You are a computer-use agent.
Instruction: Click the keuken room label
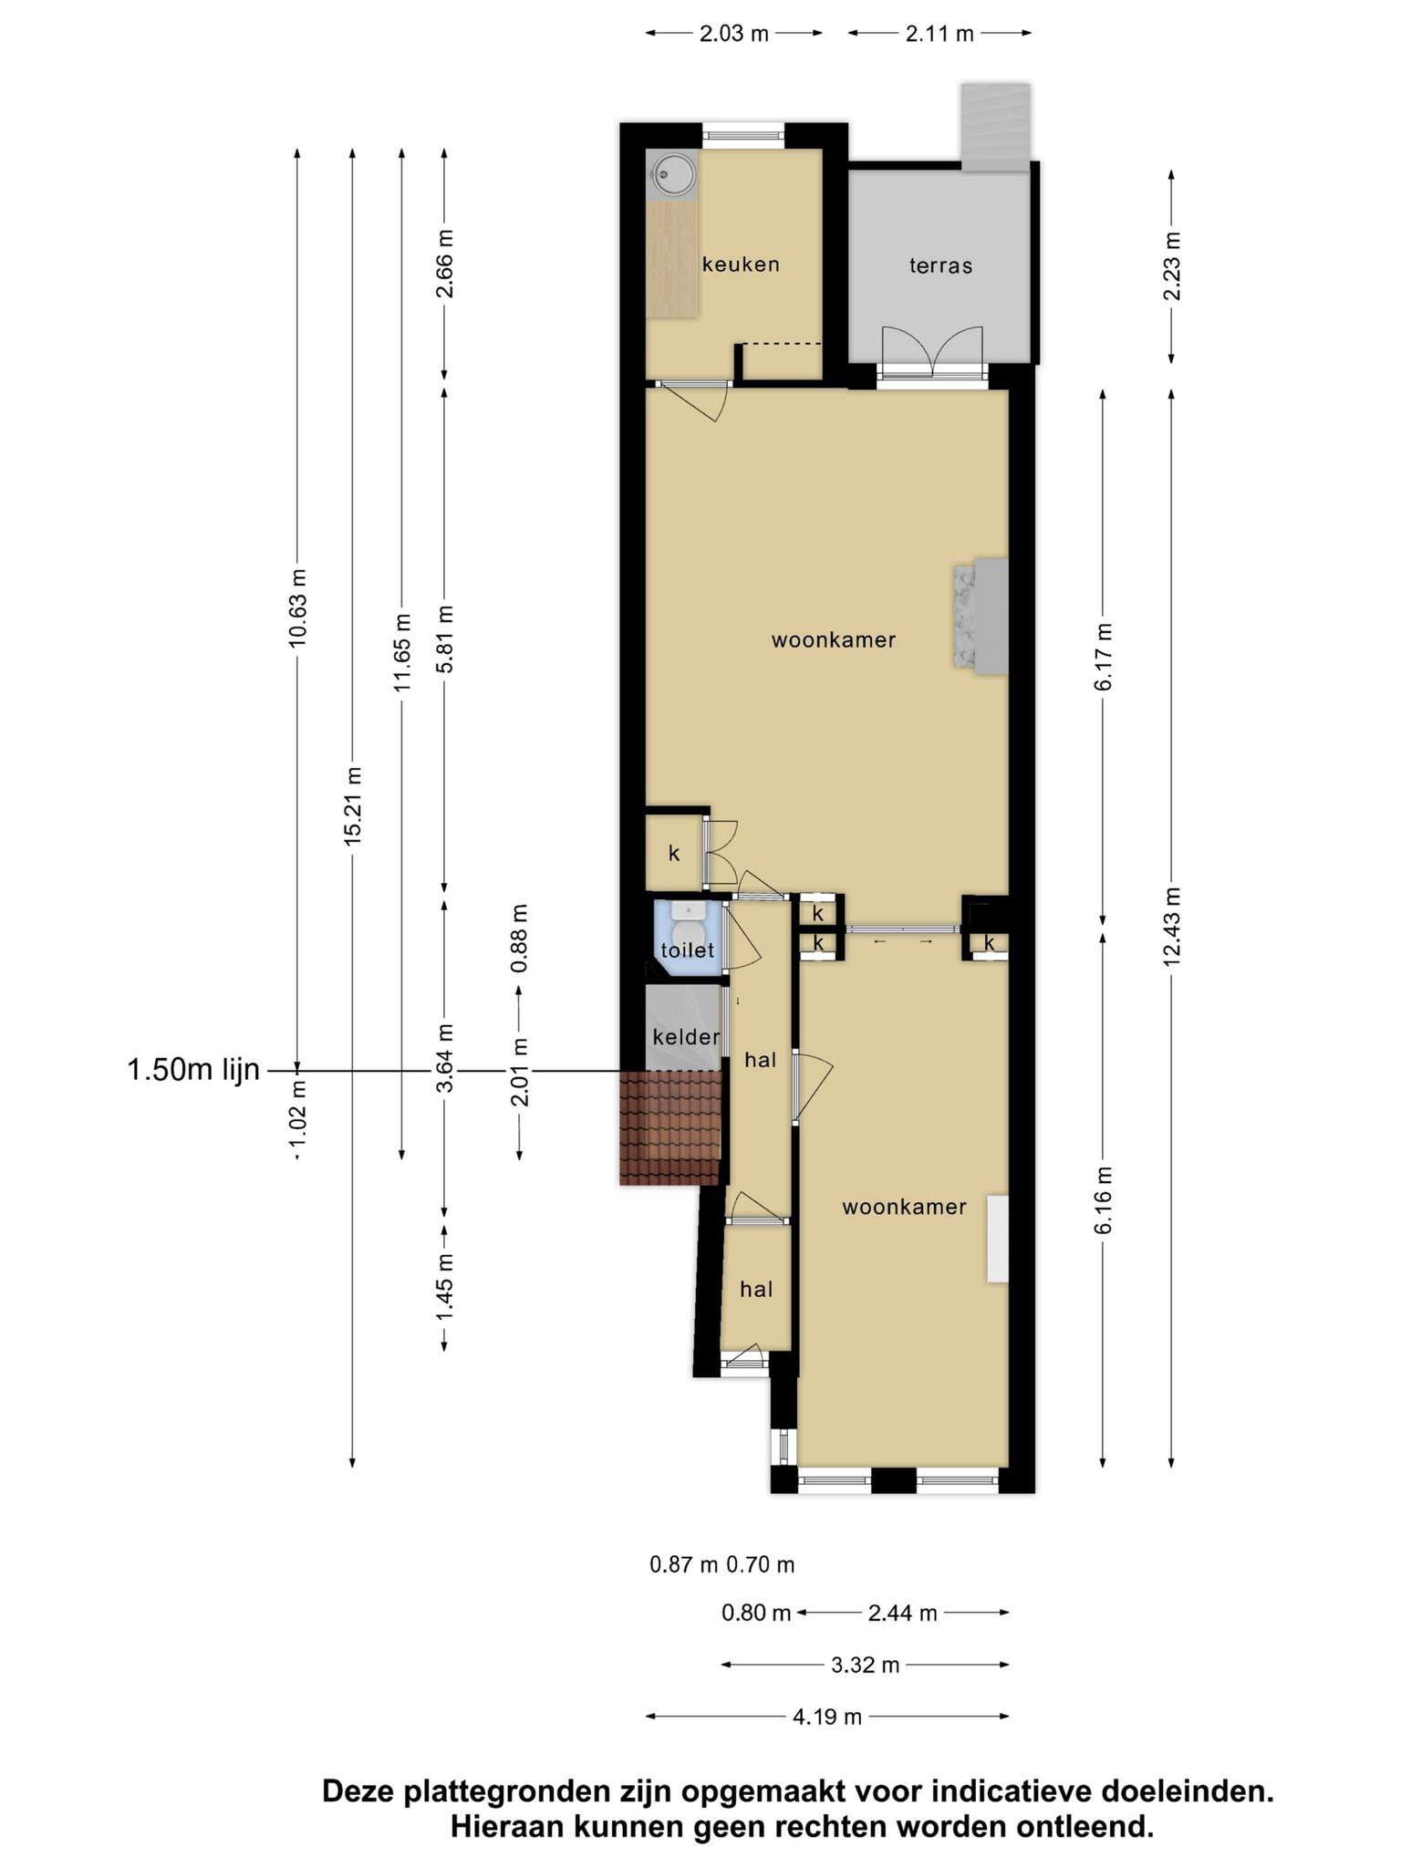pyautogui.click(x=741, y=265)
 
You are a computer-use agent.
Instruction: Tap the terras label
pyautogui.click(x=940, y=265)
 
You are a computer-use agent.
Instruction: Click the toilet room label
pyautogui.click(x=688, y=950)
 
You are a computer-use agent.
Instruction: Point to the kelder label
pyautogui.click(x=687, y=1037)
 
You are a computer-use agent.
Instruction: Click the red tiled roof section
pyautogui.click(x=671, y=1127)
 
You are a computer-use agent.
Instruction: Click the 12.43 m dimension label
pyautogui.click(x=1172, y=925)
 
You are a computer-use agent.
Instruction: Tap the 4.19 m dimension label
pyautogui.click(x=827, y=1718)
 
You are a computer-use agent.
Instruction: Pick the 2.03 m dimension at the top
pyautogui.click(x=734, y=34)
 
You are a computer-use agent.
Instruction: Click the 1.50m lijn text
pyautogui.click(x=193, y=1070)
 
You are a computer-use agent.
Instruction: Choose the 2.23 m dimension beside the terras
pyautogui.click(x=1172, y=266)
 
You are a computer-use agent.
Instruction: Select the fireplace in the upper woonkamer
pyautogui.click(x=981, y=617)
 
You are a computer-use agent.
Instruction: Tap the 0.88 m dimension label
pyautogui.click(x=519, y=939)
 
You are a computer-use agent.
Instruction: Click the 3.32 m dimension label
pyautogui.click(x=866, y=1666)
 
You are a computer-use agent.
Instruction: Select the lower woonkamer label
pyautogui.click(x=904, y=1207)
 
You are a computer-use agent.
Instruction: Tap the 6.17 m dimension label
pyautogui.click(x=1104, y=657)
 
